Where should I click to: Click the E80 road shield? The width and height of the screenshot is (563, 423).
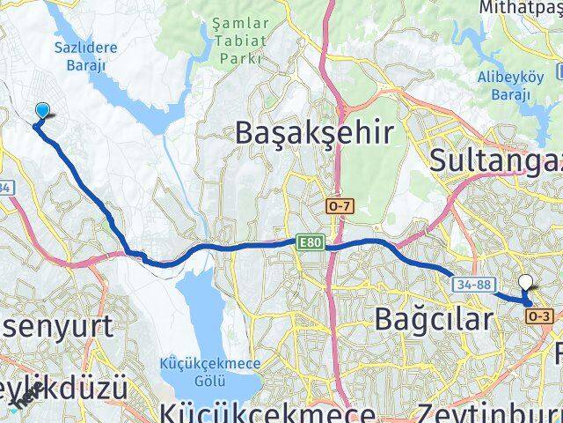pyautogui.click(x=309, y=242)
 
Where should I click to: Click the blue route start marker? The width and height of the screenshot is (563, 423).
pyautogui.click(x=41, y=110)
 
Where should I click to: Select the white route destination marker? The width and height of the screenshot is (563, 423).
pyautogui.click(x=526, y=282)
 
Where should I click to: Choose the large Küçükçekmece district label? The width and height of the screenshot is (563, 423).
pyautogui.click(x=268, y=412)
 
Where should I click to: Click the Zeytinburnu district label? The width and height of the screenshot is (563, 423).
pyautogui.click(x=488, y=412)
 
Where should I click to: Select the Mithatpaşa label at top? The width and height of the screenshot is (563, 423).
pyautogui.click(x=519, y=7)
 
